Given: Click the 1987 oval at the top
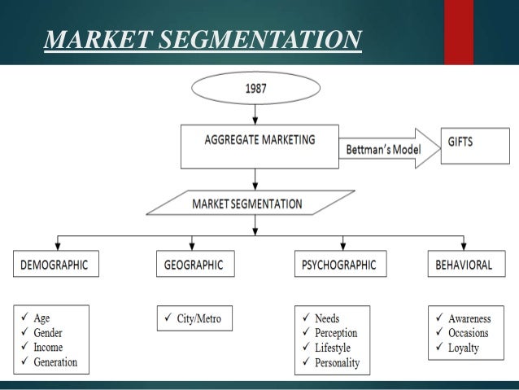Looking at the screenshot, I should (x=255, y=89).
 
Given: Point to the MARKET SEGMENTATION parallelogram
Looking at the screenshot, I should (x=250, y=203).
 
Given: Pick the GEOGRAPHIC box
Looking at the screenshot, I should (x=193, y=265).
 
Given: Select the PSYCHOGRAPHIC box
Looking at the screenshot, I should (x=339, y=265).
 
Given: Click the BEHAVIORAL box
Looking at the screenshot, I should (x=463, y=265).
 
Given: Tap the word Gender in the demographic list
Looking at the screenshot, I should (x=48, y=332).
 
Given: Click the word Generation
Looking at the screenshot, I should (x=56, y=362).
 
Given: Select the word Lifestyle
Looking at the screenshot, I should (x=338, y=348).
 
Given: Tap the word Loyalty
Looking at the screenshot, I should (x=464, y=348).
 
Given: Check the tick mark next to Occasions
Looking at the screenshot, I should (x=438, y=333).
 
